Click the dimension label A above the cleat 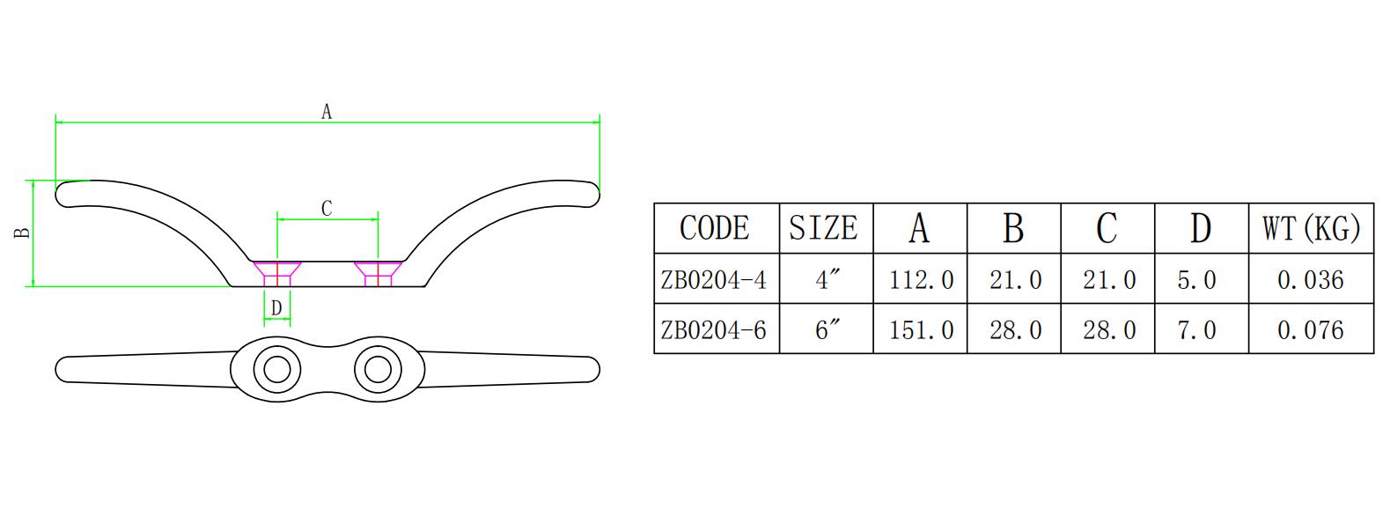click(x=327, y=112)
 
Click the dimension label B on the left click(x=24, y=233)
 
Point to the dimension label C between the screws click(x=327, y=209)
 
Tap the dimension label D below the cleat click(x=276, y=308)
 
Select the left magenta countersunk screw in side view click(x=277, y=272)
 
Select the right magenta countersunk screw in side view click(x=378, y=272)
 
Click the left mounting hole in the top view click(x=276, y=368)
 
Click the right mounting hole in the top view click(x=378, y=368)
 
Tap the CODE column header click(x=715, y=228)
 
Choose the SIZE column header click(x=823, y=228)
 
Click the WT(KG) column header click(x=1311, y=228)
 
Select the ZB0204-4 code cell click(x=714, y=280)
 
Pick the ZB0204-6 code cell click(x=714, y=330)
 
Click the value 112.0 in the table click(x=921, y=280)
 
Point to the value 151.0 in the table click(x=921, y=330)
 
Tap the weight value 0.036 click(x=1310, y=280)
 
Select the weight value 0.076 click(x=1310, y=330)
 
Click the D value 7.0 click(x=1196, y=330)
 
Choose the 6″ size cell click(x=827, y=330)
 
